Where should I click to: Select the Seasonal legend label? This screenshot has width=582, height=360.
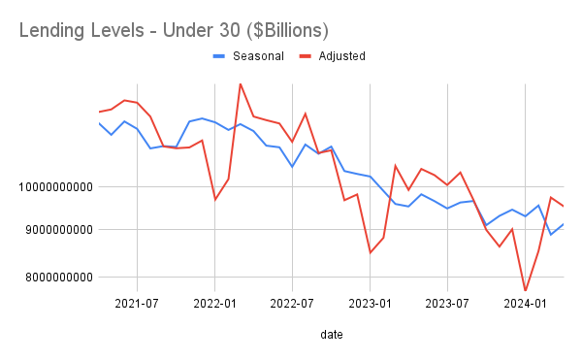pos(258,56)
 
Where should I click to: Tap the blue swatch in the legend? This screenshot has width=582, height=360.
pos(219,56)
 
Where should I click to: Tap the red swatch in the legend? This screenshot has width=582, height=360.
pos(300,56)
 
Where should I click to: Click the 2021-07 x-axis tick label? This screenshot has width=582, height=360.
pos(137,302)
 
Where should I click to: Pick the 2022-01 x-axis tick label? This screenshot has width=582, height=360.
pos(214,302)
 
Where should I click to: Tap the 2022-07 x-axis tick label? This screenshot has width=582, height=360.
pos(292,302)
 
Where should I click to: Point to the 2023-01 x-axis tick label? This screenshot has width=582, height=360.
pos(370,302)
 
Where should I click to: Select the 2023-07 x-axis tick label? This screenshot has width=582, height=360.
pos(447,302)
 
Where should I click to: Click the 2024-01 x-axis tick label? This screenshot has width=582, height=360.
pos(525,302)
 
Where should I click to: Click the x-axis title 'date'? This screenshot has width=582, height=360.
pos(331,334)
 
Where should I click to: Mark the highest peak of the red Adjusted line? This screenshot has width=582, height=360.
pos(240,83)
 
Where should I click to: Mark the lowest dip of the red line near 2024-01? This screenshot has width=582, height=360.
pos(525,290)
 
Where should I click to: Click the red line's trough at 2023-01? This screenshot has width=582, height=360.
pos(370,253)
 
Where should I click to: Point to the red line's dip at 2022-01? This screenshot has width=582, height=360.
pos(215,200)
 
